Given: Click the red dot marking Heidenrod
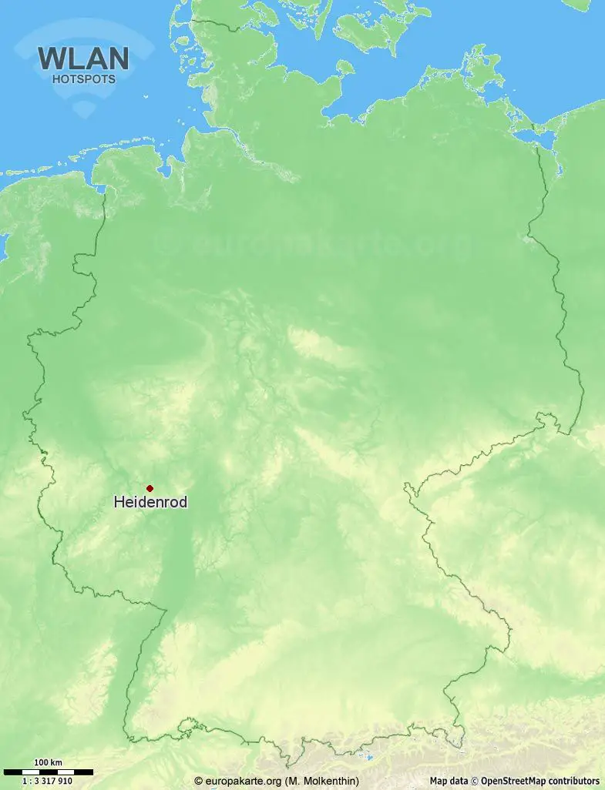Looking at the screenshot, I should click(x=150, y=487).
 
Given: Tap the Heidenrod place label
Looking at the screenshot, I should click(x=150, y=502).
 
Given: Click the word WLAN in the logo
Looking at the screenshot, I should click(x=83, y=59).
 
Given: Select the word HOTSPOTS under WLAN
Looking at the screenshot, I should click(x=83, y=79).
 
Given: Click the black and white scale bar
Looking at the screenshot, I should click(x=48, y=772).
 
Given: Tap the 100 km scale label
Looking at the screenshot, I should click(x=48, y=762).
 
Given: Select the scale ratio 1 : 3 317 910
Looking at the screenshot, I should click(x=48, y=781).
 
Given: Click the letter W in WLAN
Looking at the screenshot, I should click(x=52, y=59).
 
